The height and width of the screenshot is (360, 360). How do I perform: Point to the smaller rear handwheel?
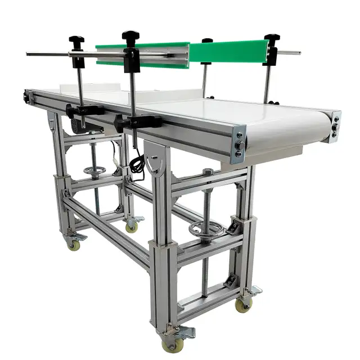94,171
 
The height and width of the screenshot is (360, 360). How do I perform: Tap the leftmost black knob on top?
76,41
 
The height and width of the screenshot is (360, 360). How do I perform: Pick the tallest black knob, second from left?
131,37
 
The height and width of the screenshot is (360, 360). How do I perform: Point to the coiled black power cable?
137,165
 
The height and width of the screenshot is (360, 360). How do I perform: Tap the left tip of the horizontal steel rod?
28,54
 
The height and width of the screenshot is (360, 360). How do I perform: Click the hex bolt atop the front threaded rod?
208,171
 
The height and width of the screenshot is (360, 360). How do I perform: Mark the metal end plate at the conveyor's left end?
26,98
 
